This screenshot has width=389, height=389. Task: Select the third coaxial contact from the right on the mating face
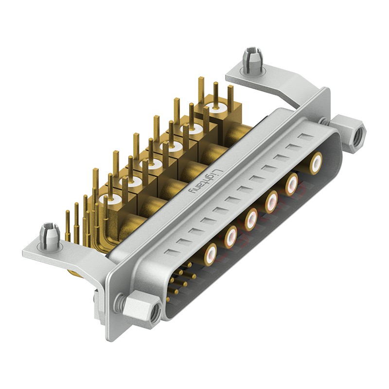point(271,200)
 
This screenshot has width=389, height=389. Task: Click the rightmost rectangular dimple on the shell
point(305,137)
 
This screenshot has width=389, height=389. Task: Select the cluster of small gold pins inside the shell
point(180,282)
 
